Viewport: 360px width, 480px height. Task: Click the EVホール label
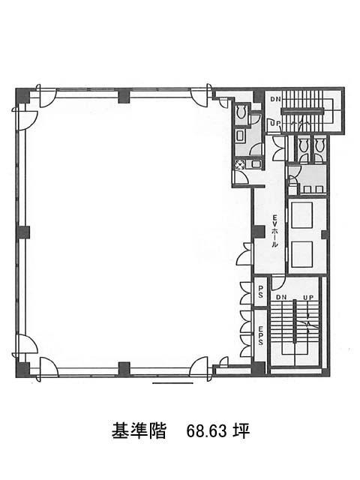pos(274,230)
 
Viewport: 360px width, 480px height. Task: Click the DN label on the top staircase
pos(274,99)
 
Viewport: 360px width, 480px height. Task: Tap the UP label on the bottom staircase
pos(308,297)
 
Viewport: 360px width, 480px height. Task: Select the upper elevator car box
pos(301,215)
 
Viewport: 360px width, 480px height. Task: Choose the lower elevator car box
pos(301,254)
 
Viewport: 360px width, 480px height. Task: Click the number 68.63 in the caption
pos(207,432)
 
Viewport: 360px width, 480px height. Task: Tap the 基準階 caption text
pos(138,431)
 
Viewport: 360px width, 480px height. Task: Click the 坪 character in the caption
pos(241,431)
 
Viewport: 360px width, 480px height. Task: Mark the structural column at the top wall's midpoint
pos(124,96)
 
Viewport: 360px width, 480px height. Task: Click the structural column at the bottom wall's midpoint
pos(124,368)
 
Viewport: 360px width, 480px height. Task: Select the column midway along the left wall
pos(22,232)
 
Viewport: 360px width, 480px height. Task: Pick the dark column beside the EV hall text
pos(258,232)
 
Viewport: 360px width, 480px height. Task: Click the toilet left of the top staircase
pos(241,112)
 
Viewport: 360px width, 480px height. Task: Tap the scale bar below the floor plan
pos(172,383)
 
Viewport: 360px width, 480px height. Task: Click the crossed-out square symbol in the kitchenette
pos(239,165)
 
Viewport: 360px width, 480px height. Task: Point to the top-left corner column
pos(22,95)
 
